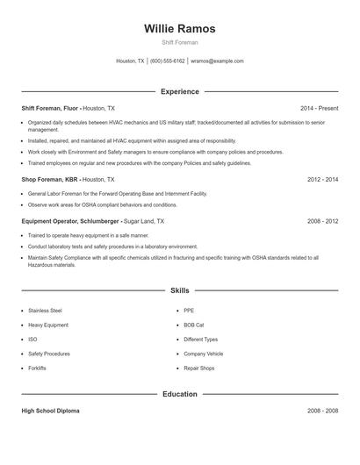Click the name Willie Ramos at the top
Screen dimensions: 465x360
coord(179,28)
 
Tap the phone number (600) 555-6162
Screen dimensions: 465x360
coord(167,61)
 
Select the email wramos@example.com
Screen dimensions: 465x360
coord(217,61)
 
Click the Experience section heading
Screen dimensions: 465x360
coord(179,91)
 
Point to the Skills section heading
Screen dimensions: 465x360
coord(179,290)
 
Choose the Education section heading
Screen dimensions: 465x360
coord(179,394)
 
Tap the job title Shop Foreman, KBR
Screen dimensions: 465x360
coord(49,178)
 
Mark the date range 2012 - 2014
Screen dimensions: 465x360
coord(322,178)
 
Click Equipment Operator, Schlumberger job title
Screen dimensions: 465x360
coord(70,222)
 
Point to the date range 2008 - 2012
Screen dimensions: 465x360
coord(322,222)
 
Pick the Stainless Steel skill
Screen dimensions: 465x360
coord(45,311)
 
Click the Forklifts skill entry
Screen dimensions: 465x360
coord(38,368)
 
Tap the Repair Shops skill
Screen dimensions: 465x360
coord(198,368)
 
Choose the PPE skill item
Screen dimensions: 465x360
coord(189,311)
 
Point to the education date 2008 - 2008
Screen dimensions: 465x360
coord(322,411)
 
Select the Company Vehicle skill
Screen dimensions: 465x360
coord(203,354)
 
